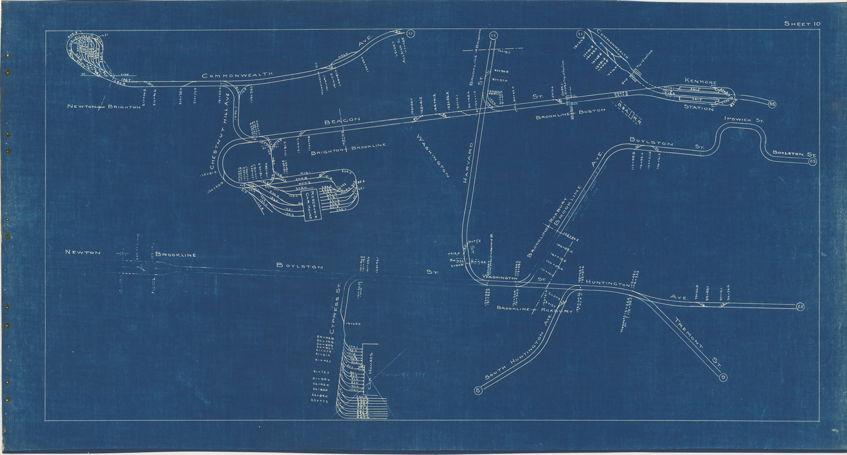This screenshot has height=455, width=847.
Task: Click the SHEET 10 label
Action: click(x=801, y=23)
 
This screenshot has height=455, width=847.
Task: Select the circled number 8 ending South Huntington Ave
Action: click(x=478, y=390)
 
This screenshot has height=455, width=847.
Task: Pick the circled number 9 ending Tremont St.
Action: click(x=723, y=378)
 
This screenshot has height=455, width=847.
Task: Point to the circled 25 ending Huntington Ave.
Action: click(x=800, y=306)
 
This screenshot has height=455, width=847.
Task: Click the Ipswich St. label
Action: click(x=744, y=120)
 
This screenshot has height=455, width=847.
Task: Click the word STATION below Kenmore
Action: click(x=699, y=108)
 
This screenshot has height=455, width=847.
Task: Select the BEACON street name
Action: click(x=342, y=120)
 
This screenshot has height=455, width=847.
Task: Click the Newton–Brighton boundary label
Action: click(x=104, y=107)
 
